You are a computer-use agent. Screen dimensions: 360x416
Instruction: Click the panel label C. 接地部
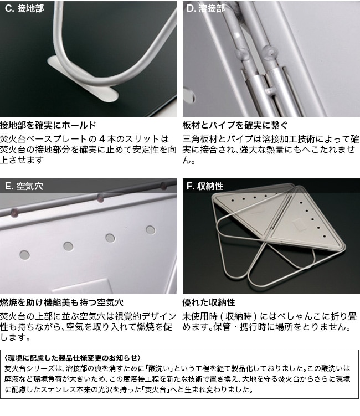24,8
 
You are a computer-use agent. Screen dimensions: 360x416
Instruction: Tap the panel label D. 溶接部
205,8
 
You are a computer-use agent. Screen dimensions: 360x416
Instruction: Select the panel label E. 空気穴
24,186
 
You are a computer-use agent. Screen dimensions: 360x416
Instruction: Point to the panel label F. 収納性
205,186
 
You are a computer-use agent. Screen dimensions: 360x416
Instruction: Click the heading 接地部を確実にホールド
48,125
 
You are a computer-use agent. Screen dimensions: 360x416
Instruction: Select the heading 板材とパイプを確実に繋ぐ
235,125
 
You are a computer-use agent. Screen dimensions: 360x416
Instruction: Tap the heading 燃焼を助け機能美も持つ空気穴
61,302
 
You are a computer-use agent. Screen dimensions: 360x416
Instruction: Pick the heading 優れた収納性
208,302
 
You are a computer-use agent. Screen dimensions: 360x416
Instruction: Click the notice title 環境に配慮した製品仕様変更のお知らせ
73,358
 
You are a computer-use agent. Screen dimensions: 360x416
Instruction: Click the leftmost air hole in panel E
25,255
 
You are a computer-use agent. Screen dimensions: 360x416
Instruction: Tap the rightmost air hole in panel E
151,230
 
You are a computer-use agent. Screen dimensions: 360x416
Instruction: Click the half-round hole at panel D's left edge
189,95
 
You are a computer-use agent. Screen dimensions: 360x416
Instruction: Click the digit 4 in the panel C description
102,138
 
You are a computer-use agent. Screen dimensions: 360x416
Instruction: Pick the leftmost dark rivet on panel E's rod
14,212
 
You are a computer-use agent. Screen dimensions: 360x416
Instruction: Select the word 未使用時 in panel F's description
200,316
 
